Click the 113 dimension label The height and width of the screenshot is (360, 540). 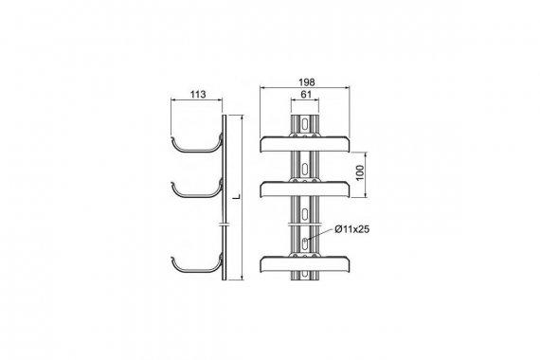pos(198,94)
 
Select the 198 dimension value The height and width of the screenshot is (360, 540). pos(307,82)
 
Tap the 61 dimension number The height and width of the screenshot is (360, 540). pos(306,94)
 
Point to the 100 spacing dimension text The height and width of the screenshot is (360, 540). pos(359,172)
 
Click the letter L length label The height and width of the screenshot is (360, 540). pos(237,197)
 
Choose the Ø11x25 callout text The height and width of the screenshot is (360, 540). pos(352,229)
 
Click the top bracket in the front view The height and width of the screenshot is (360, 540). pos(305,144)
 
